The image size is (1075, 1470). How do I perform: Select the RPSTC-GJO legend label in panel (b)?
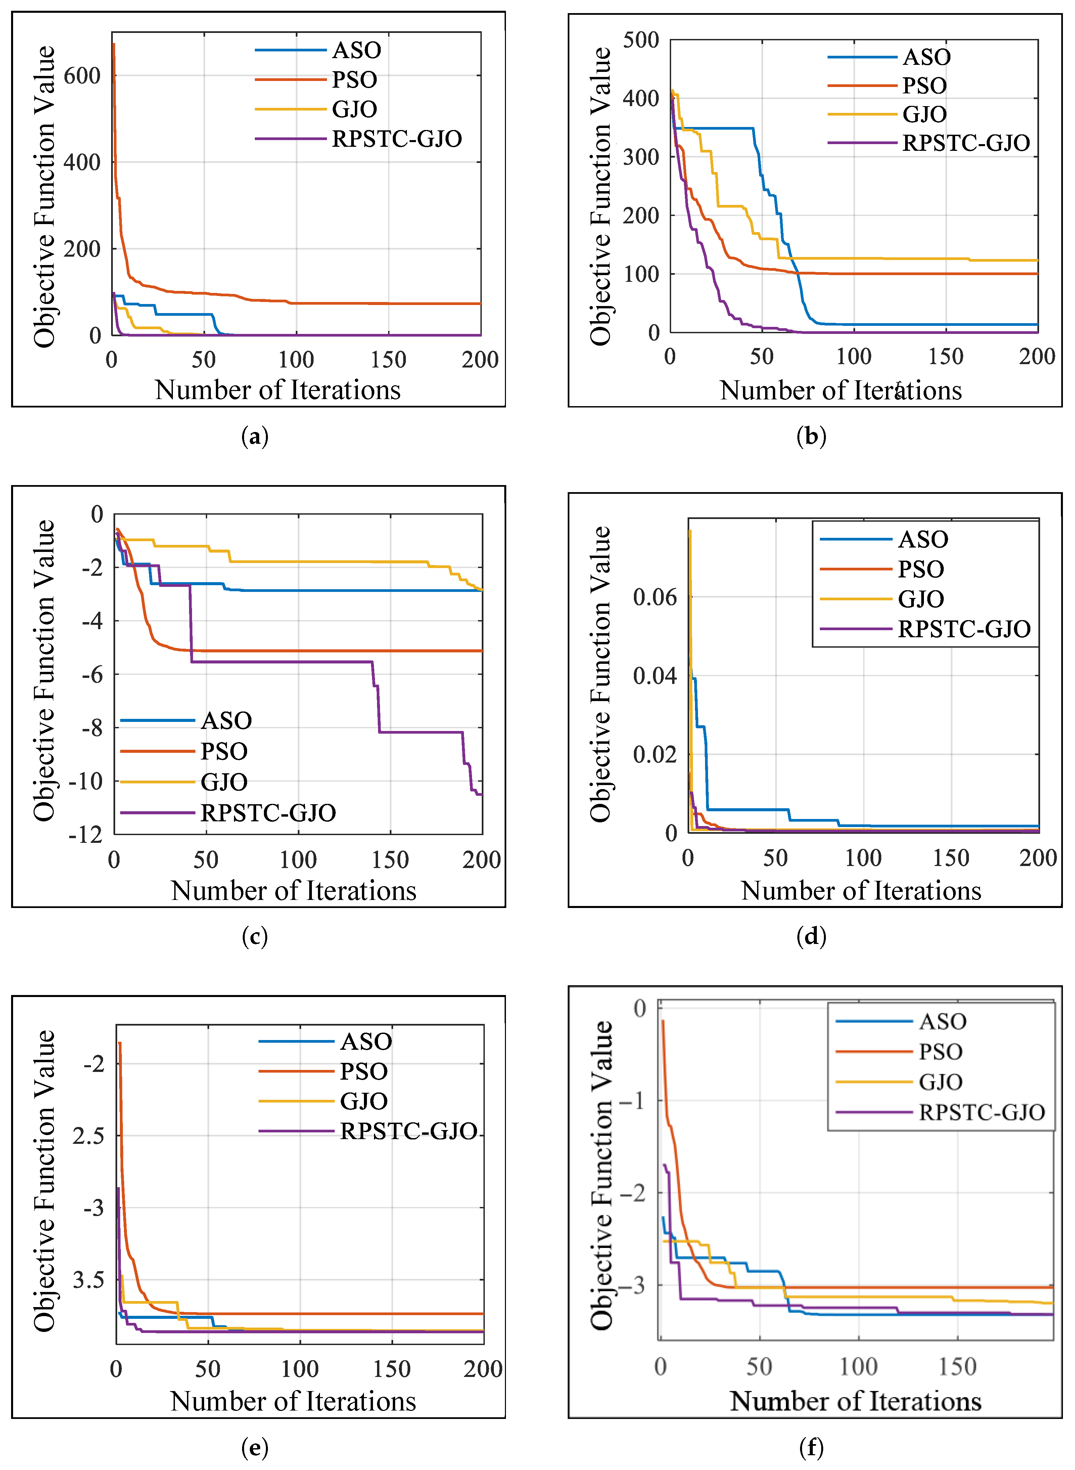[x=966, y=142]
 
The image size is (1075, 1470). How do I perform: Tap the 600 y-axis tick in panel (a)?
[x=82, y=76]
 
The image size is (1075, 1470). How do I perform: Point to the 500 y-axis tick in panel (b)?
[x=641, y=40]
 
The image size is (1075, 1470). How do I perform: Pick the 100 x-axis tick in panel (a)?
[x=296, y=359]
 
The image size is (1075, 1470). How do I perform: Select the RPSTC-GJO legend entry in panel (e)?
[x=409, y=1131]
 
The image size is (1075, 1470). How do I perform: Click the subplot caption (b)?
[x=811, y=436]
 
